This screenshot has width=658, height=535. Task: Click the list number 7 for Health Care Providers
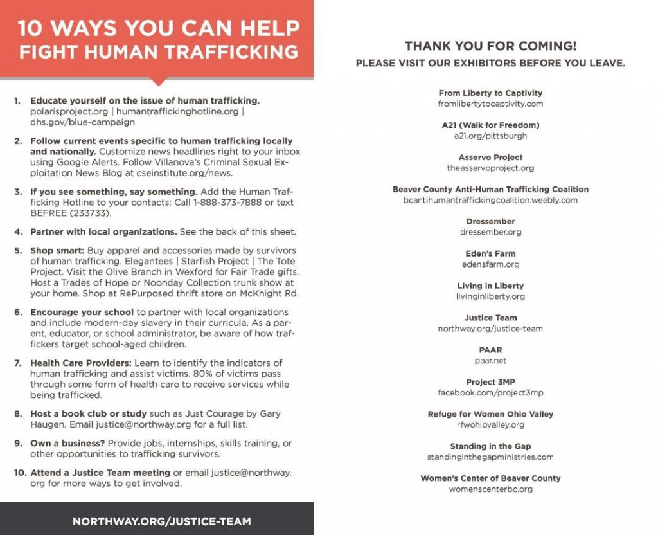[17, 363]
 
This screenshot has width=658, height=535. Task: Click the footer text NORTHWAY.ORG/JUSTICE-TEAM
[161, 521]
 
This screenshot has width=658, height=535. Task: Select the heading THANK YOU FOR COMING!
[490, 46]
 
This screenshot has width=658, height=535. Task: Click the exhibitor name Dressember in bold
[490, 221]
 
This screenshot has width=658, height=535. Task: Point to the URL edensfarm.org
[490, 264]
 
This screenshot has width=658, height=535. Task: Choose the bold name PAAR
[490, 350]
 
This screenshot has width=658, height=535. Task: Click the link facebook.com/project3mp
[490, 393]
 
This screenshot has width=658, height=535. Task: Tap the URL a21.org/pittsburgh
[490, 136]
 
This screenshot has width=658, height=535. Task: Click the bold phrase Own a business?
[67, 444]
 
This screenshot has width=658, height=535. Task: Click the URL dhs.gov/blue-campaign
[82, 122]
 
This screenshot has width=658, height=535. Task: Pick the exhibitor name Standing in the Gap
[490, 446]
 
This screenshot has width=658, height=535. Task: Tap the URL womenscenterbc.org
[490, 489]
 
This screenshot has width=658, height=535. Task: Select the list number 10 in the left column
[19, 473]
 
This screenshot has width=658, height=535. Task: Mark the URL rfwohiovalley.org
[490, 425]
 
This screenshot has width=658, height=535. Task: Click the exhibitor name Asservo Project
[490, 157]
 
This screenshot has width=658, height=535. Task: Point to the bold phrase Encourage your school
[82, 312]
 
